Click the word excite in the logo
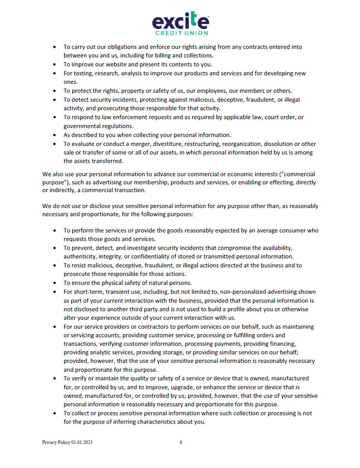[180, 22]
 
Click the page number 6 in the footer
[181, 442]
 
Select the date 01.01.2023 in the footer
[82, 442]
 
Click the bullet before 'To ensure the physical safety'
[55, 283]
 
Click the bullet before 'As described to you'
[55, 135]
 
